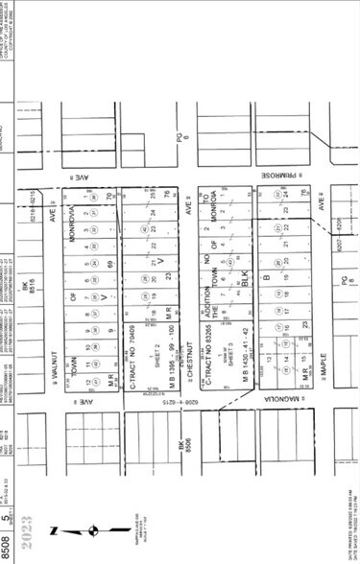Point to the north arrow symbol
click(94, 529)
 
